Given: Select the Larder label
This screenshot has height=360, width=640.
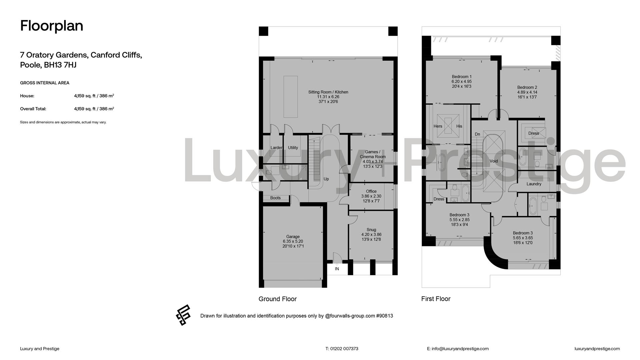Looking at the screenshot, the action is (276, 148).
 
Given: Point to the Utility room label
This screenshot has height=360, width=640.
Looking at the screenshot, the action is (293, 148).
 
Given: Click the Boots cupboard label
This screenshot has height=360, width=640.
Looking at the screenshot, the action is (275, 198).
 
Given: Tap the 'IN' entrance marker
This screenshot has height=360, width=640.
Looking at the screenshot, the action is (337, 269).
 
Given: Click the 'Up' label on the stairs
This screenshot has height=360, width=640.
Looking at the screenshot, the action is (326, 179).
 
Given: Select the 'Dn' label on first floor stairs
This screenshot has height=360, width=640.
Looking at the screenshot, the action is (477, 134).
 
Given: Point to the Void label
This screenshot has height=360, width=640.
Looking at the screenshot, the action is (494, 161).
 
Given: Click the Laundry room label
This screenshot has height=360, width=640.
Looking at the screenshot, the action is (534, 184).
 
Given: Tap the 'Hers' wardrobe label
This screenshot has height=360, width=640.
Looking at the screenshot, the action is (438, 126).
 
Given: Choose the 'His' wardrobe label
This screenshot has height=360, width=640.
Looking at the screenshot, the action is (459, 126).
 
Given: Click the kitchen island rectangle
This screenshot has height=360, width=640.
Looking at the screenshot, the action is (291, 97).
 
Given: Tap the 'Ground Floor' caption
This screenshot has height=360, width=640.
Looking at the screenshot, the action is (278, 299).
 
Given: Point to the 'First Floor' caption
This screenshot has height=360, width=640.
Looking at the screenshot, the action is (436, 299).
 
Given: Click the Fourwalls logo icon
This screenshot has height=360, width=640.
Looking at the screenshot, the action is (183, 315).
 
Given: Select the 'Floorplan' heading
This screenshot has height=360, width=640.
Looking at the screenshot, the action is (52, 26).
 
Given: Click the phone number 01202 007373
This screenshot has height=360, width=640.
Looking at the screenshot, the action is (344, 349).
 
